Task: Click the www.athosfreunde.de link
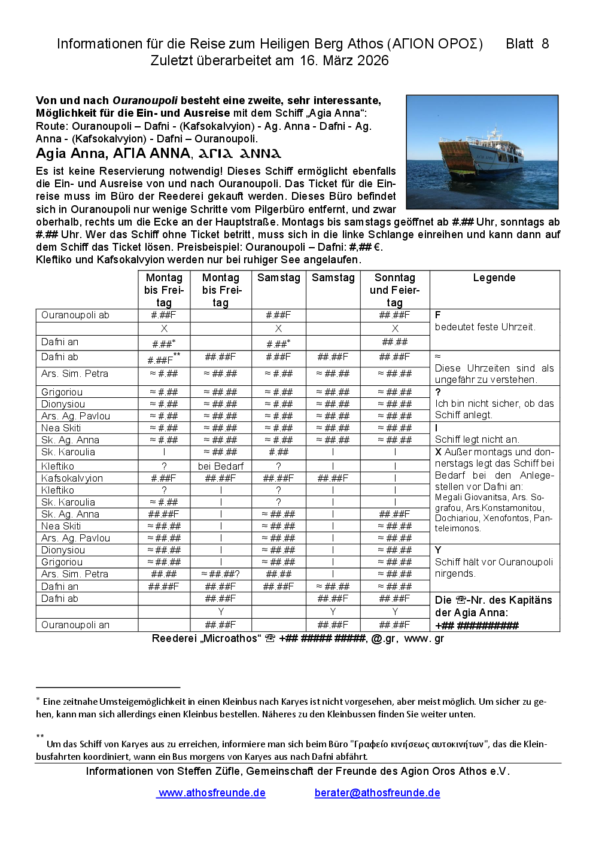click(x=212, y=793)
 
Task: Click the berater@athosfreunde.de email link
click(x=377, y=793)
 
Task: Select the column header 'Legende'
click(x=494, y=278)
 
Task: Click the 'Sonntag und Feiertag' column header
click(x=394, y=290)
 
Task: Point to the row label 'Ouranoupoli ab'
click(x=75, y=315)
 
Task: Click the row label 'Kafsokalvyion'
click(x=72, y=478)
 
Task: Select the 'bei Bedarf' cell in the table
click(x=220, y=466)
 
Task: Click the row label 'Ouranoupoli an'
click(x=75, y=625)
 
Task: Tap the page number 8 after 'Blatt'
click(x=545, y=44)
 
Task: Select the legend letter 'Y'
click(x=438, y=550)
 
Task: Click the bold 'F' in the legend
click(x=438, y=315)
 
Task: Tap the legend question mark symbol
click(x=438, y=392)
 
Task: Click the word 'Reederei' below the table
click(x=174, y=638)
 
